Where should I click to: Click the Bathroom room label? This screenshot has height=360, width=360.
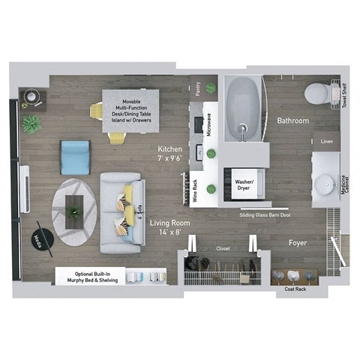(293, 120)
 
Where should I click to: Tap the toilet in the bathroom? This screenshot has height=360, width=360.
(317, 94)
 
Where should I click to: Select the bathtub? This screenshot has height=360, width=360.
(244, 109)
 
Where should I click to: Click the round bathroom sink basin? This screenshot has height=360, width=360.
(325, 184)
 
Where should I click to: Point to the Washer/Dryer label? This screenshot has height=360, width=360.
(244, 185)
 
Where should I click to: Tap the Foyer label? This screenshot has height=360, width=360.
(299, 243)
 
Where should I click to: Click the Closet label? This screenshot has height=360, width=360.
(223, 248)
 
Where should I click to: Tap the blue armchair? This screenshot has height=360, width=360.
(75, 156)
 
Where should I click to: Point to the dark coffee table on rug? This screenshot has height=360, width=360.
(75, 207)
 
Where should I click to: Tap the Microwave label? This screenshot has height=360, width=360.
(208, 124)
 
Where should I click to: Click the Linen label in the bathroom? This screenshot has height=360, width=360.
(326, 141)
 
